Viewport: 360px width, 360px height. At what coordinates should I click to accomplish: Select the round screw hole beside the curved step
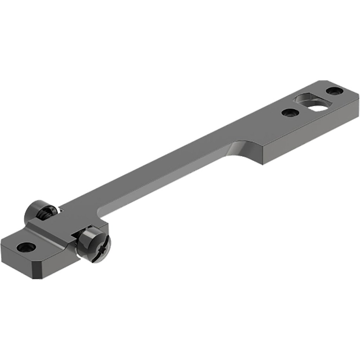tap(290, 113)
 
